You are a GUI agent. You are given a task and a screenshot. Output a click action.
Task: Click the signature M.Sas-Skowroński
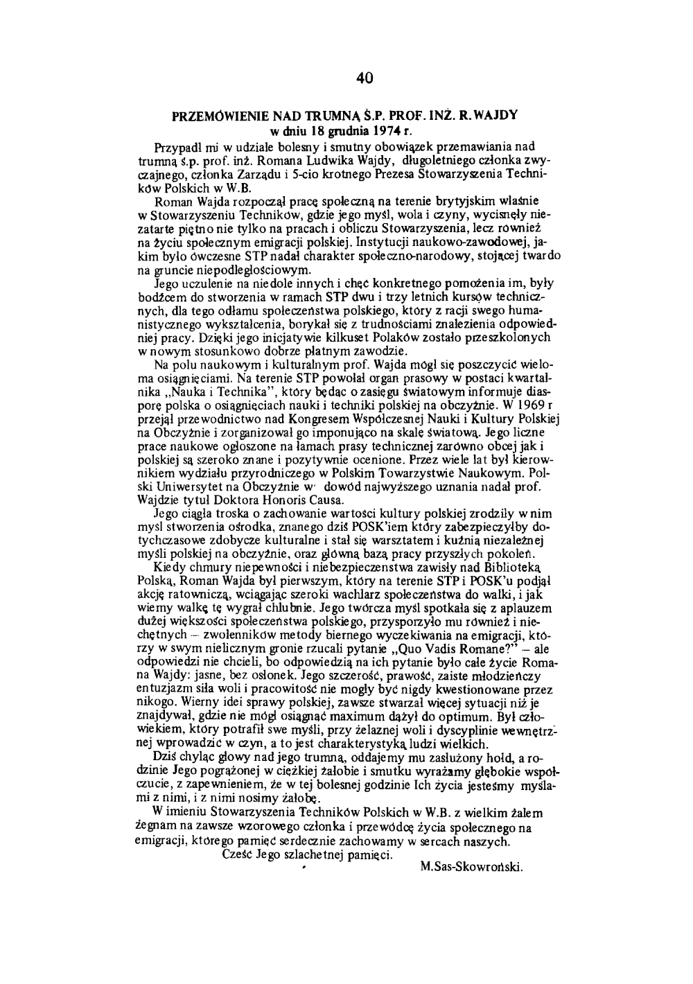471,867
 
